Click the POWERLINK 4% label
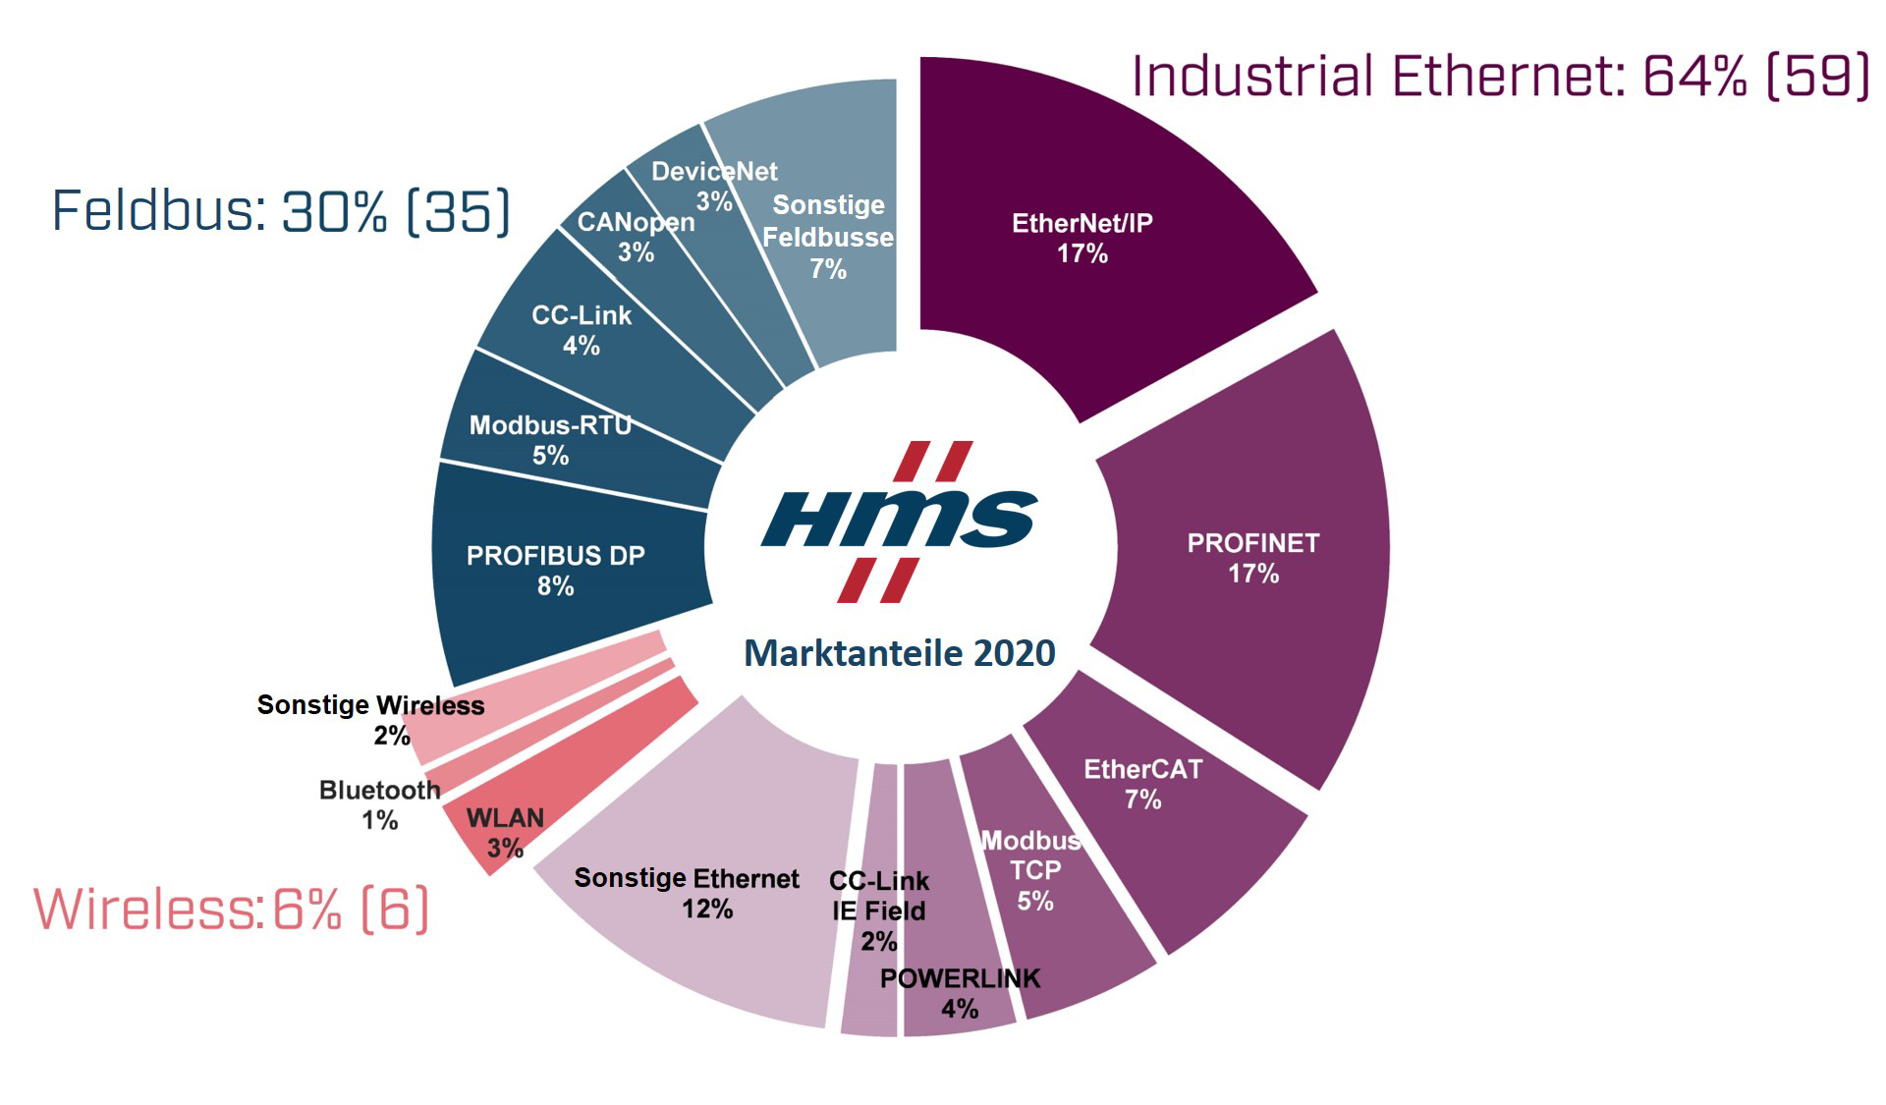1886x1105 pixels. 960,993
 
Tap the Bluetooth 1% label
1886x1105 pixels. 379,804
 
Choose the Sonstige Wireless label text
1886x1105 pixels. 370,705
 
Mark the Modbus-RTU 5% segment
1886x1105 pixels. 550,439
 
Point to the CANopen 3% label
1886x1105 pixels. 636,236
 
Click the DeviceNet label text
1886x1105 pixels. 714,173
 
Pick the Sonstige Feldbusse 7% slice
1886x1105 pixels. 828,236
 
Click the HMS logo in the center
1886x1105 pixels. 899,521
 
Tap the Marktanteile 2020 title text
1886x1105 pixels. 899,653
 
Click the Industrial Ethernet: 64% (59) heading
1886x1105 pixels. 1500,77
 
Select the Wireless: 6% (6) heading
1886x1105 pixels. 232,909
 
